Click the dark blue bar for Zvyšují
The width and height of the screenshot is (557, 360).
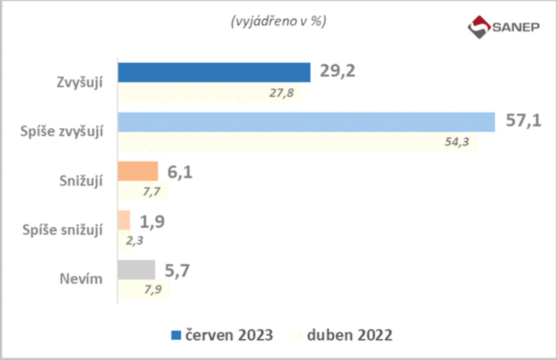point(214,72)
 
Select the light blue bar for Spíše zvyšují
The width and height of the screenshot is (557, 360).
point(306,122)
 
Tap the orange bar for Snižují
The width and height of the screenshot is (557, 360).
point(138,171)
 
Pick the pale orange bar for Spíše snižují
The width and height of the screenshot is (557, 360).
point(124,220)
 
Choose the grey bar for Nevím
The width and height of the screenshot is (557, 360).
point(136,270)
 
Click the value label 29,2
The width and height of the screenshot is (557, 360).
point(337,71)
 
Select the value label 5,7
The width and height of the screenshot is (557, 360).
point(178,271)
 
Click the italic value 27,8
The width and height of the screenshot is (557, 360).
point(281,94)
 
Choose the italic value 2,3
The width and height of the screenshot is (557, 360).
point(134,241)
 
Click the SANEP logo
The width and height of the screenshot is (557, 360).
point(503,27)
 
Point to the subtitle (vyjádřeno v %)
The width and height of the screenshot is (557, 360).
point(278,22)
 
